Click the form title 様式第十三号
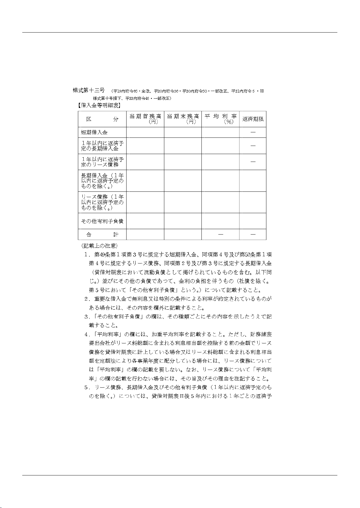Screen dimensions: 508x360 pyautogui.click(x=89, y=90)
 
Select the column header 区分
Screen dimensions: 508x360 pyautogui.click(x=102, y=119)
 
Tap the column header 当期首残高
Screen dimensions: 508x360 pyautogui.click(x=145, y=116)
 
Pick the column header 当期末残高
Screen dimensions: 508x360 pyautogui.click(x=183, y=116)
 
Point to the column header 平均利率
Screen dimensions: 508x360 pyautogui.click(x=220, y=116)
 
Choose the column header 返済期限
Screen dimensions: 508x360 pyautogui.click(x=253, y=119)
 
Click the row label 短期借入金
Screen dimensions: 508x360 pyautogui.click(x=94, y=132)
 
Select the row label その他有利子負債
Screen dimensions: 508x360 pyautogui.click(x=102, y=221)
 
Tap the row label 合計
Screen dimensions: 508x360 pyautogui.click(x=102, y=234)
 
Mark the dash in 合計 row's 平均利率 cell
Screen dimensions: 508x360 pyautogui.click(x=220, y=234)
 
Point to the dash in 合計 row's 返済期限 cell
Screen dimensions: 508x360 pyautogui.click(x=253, y=234)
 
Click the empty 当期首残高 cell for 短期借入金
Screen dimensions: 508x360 pyautogui.click(x=145, y=132)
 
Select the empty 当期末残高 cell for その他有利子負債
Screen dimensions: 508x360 pyautogui.click(x=183, y=221)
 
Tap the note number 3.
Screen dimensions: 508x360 pyautogui.click(x=86, y=317)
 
